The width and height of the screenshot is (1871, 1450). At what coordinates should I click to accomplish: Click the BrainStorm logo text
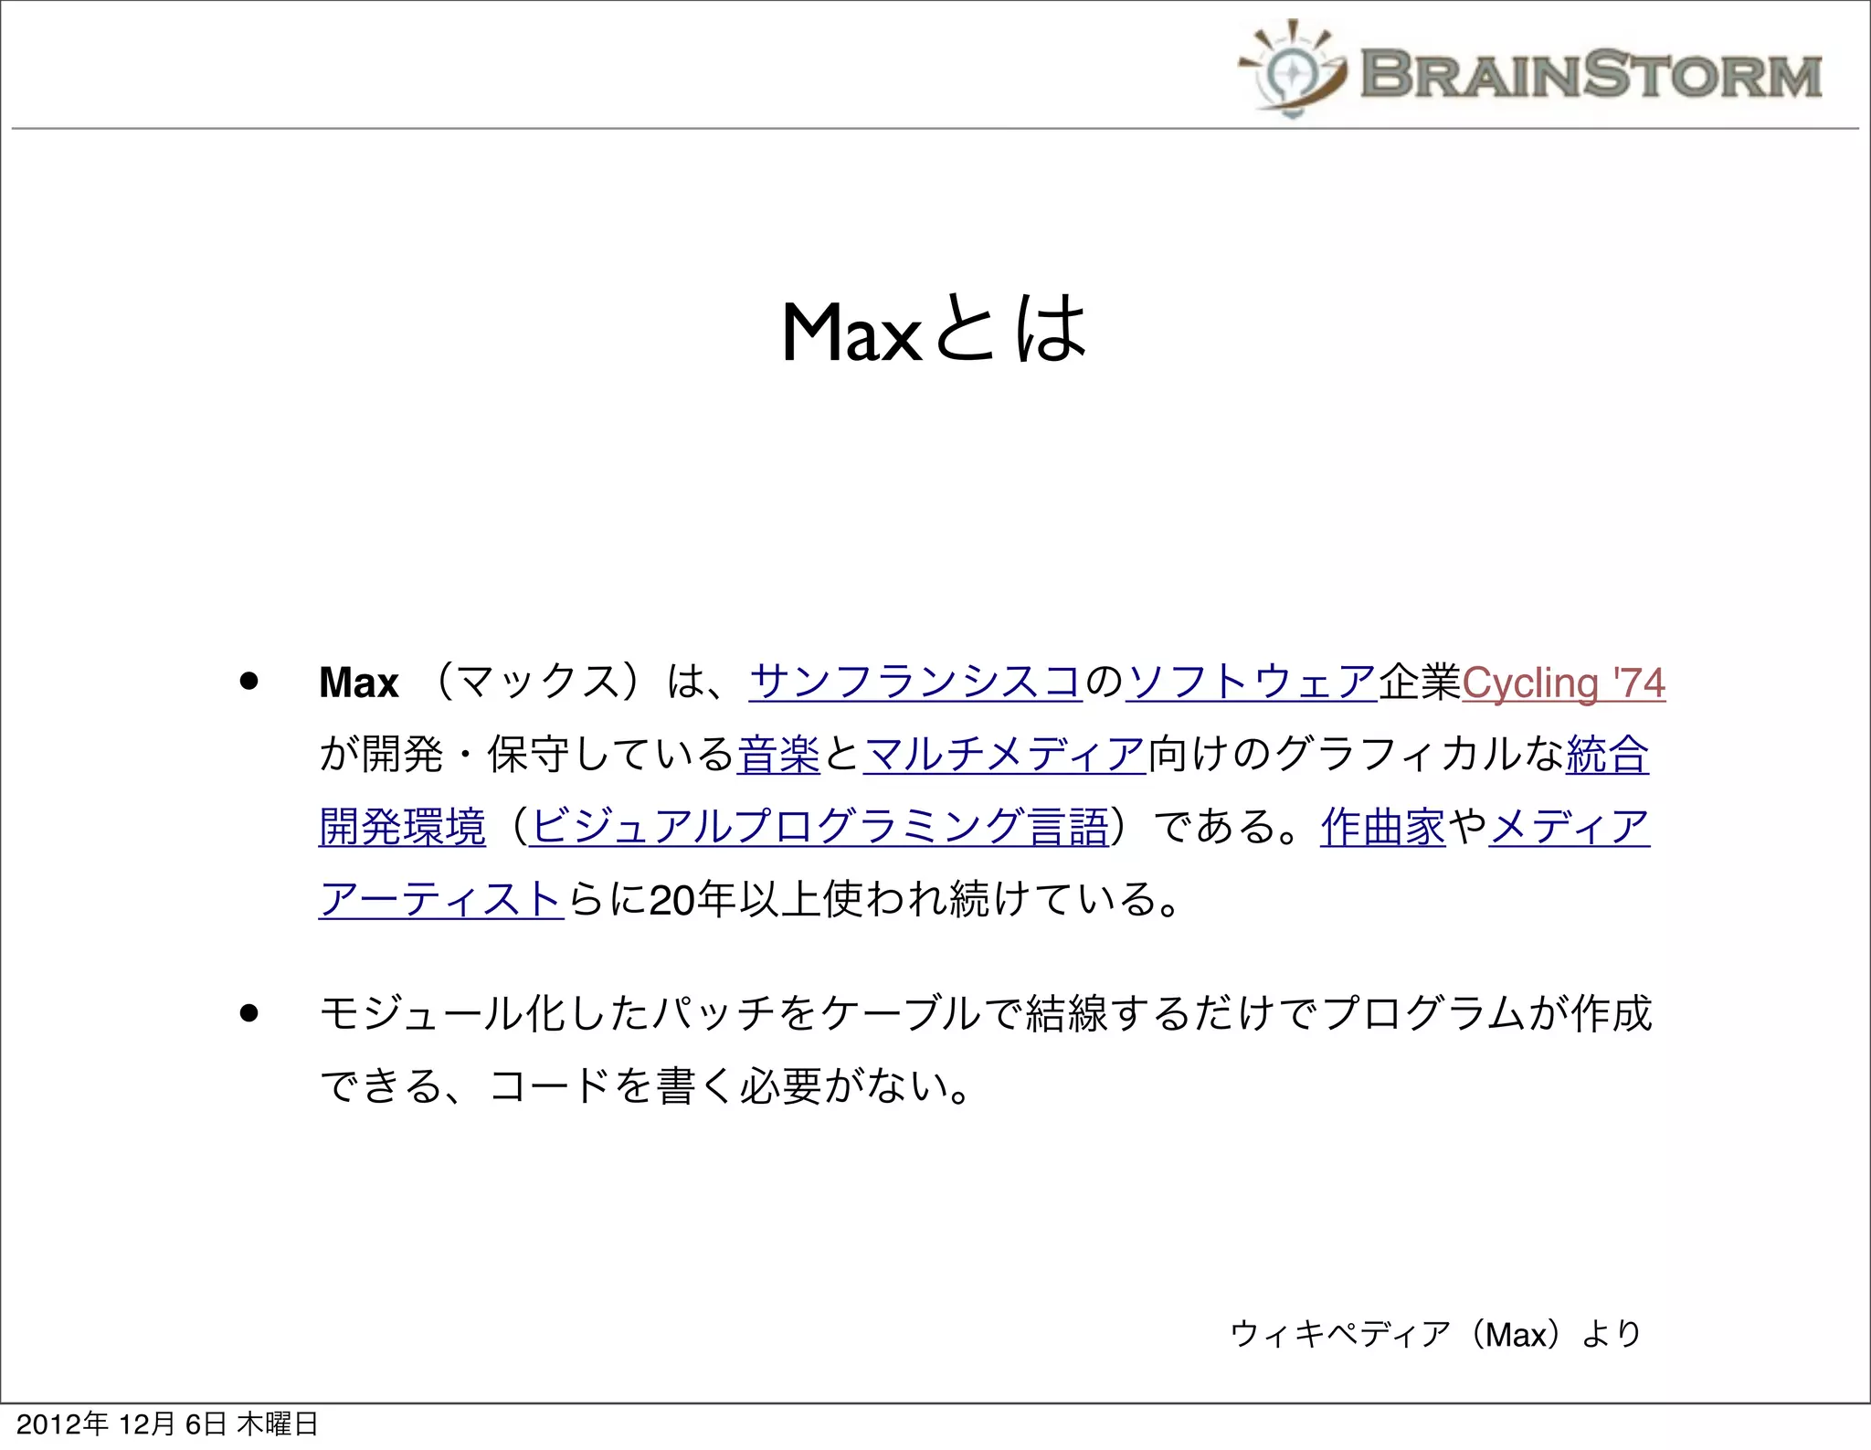click(1591, 74)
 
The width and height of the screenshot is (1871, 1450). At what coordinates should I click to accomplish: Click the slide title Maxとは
click(934, 331)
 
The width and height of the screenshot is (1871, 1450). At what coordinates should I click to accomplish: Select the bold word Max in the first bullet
click(359, 683)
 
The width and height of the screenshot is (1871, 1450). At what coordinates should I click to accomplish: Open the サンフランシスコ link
click(915, 683)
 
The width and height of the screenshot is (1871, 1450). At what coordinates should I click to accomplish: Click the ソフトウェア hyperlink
click(1251, 683)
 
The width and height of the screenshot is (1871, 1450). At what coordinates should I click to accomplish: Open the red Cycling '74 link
click(1563, 683)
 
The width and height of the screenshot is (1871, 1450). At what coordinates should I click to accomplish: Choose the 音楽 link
click(778, 755)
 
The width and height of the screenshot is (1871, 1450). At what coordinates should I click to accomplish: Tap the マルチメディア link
click(1004, 755)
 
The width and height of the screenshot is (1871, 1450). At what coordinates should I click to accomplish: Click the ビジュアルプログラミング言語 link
click(819, 827)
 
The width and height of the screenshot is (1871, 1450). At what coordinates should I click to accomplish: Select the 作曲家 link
click(1382, 827)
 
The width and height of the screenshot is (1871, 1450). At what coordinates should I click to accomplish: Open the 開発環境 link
click(402, 827)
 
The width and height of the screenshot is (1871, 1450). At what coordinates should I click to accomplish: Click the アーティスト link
click(440, 899)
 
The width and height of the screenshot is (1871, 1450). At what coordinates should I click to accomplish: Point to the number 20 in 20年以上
click(671, 900)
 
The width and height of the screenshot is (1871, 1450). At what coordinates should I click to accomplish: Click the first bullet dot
click(248, 682)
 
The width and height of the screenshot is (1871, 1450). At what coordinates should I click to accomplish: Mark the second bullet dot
click(248, 1013)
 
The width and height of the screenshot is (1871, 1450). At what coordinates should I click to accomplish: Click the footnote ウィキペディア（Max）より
click(1435, 1334)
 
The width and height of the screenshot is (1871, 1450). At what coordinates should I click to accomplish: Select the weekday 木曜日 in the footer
click(278, 1424)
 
